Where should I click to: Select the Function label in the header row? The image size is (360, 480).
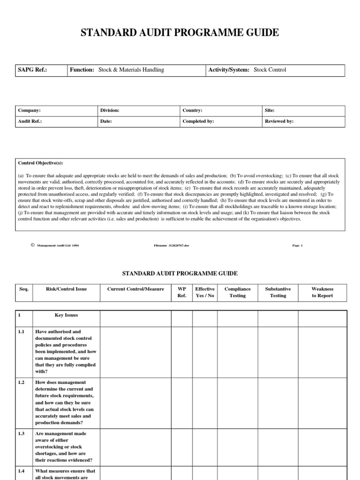[x=82, y=70]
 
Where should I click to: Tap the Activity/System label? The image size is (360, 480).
[x=229, y=70]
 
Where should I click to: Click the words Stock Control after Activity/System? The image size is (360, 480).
[x=270, y=70]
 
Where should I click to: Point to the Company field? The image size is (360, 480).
[x=29, y=111]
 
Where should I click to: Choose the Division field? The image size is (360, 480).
[x=110, y=111]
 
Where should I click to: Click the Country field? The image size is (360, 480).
[x=192, y=111]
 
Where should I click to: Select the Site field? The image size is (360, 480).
[x=270, y=111]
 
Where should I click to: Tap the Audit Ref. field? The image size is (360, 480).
[x=30, y=121]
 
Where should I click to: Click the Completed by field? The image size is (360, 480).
[x=198, y=121]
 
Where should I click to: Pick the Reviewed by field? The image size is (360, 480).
[x=279, y=121]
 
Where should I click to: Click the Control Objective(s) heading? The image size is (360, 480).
[x=40, y=163]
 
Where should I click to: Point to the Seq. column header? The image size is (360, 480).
[x=24, y=289]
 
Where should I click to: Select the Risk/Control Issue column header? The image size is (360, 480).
[x=66, y=289]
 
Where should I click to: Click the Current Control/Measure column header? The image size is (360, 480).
[x=135, y=289]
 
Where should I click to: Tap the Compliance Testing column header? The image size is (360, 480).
[x=238, y=292]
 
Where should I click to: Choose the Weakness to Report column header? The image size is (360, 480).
[x=322, y=292]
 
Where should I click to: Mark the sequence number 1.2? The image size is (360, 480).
[x=22, y=383]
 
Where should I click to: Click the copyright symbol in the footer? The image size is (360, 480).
[x=32, y=245]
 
